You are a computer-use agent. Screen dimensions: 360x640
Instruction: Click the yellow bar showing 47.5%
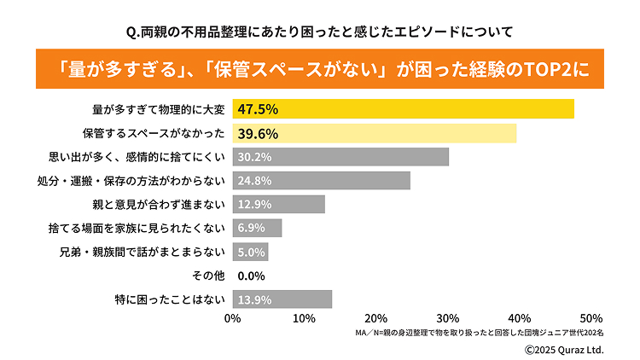click(x=403, y=109)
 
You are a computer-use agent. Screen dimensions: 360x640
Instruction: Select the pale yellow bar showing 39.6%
click(x=374, y=133)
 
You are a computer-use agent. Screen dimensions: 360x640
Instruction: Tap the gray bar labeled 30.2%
click(x=340, y=157)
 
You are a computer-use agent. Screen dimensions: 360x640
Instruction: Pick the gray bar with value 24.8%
click(x=321, y=180)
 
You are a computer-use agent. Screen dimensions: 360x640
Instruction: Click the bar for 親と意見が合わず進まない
click(x=278, y=204)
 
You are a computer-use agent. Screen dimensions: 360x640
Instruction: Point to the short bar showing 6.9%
click(x=257, y=228)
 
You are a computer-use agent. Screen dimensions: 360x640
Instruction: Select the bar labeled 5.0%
click(x=250, y=252)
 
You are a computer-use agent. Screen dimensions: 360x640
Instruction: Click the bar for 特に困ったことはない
click(x=282, y=299)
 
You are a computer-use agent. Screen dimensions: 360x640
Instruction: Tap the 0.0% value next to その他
click(x=252, y=276)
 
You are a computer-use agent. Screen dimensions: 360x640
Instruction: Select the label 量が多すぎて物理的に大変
click(x=158, y=109)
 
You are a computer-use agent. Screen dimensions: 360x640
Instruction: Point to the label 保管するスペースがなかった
click(x=154, y=133)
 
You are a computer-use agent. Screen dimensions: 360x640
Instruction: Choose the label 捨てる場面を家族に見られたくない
click(x=137, y=228)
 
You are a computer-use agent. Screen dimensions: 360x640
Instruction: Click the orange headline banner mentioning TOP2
click(x=320, y=69)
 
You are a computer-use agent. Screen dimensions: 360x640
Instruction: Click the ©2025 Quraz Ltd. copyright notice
click(x=563, y=349)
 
